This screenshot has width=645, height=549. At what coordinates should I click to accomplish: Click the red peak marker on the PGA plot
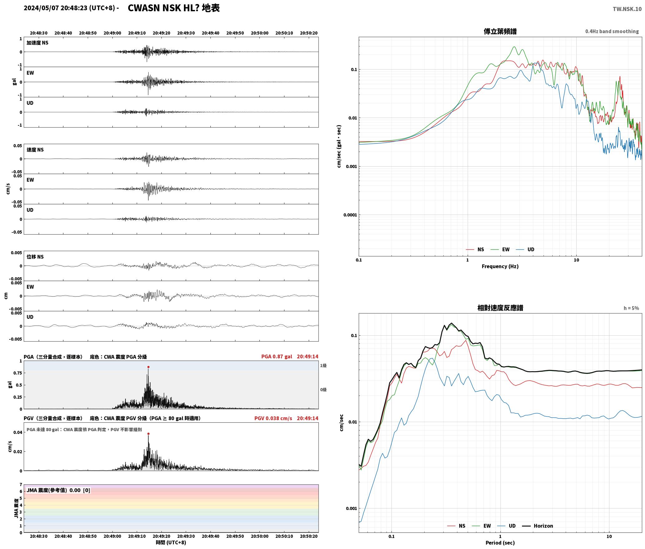click(x=148, y=367)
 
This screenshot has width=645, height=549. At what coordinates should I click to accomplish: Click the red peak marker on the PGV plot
click(x=148, y=434)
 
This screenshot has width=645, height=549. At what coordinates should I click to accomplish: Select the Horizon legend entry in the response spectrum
click(x=538, y=526)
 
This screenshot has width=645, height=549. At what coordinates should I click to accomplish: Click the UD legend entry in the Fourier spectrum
click(x=525, y=250)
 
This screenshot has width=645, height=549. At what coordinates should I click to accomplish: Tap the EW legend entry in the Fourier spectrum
click(x=500, y=250)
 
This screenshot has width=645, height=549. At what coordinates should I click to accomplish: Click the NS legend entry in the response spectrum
click(x=456, y=526)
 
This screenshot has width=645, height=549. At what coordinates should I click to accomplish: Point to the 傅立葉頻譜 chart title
click(x=500, y=32)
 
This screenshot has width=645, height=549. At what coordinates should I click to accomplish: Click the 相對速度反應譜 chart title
click(x=500, y=308)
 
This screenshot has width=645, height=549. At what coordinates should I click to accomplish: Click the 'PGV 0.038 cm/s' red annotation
click(x=273, y=418)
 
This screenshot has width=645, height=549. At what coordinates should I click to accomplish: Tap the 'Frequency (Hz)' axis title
click(x=500, y=266)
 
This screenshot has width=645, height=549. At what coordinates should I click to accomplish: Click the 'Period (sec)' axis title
click(x=500, y=543)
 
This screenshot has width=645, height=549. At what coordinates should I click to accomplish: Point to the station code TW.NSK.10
click(x=627, y=9)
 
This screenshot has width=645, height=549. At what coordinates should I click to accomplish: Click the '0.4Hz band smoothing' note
click(x=612, y=32)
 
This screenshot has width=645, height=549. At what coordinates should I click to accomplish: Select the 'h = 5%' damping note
click(x=631, y=308)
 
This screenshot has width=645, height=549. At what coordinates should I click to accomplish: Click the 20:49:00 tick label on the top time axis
click(x=112, y=33)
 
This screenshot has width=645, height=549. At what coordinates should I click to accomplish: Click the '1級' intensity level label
click(x=323, y=366)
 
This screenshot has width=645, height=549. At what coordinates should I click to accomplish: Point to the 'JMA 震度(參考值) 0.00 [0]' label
click(x=58, y=490)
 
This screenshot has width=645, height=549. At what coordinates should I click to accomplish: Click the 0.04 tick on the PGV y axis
click(x=17, y=432)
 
